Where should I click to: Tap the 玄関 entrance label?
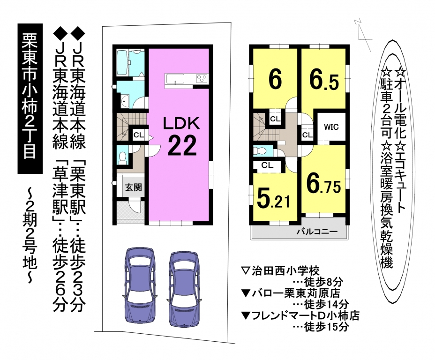coord(134,187)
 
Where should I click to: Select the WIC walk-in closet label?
coord(331,127)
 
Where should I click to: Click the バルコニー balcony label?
coord(317,231)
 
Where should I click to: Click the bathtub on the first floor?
coord(122,62)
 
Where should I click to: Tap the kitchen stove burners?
coord(202,78)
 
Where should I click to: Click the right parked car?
coord(184,289)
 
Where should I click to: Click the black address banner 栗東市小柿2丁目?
coord(30,98)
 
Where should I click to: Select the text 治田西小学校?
coord(286,270)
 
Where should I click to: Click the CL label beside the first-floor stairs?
coord(139,135)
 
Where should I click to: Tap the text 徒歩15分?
coord(326,327)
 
